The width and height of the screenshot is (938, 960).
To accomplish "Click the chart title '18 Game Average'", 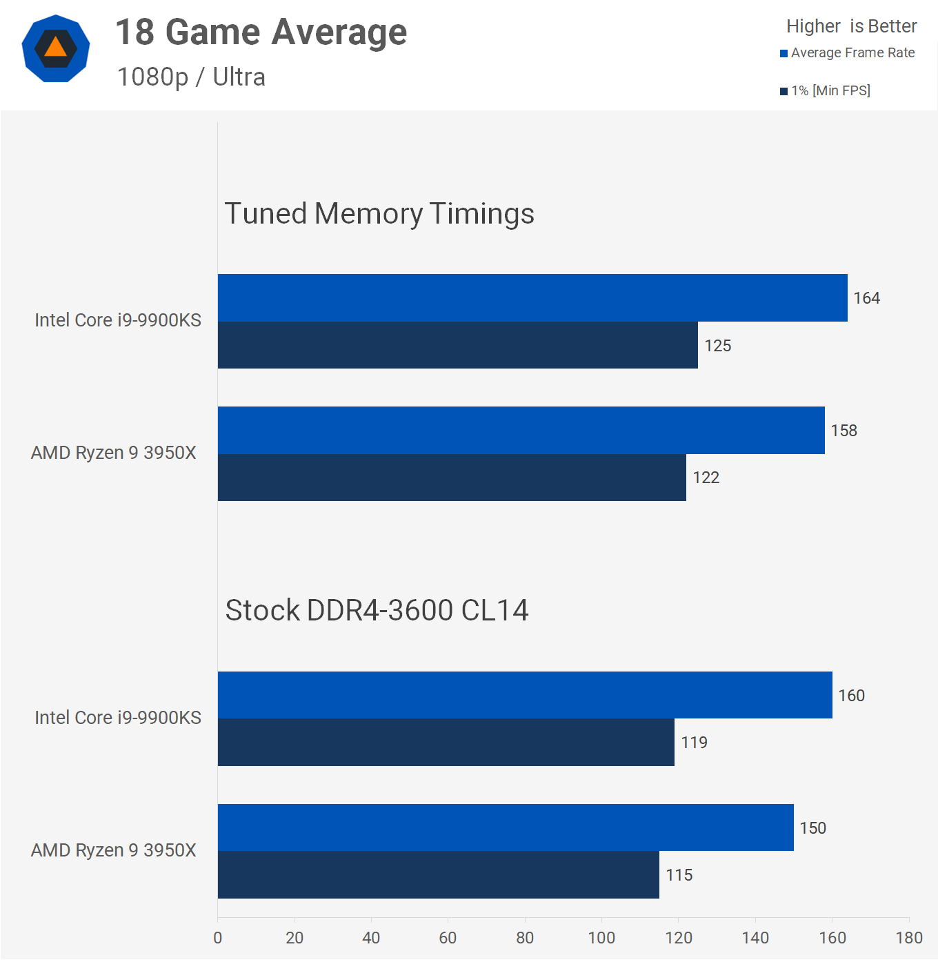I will [261, 32].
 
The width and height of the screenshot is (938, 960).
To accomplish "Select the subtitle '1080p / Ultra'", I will [191, 77].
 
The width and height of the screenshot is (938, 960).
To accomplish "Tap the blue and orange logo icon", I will [56, 48].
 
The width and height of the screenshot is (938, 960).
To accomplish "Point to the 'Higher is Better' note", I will [851, 26].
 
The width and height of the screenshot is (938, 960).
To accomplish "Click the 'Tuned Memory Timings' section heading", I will [379, 214].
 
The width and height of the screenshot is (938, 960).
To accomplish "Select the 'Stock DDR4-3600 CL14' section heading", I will [377, 611].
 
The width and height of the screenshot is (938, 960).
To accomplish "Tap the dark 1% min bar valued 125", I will [457, 345].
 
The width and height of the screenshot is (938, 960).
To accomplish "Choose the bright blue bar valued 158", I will [521, 430].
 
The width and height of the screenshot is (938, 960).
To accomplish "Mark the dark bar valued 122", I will [452, 478].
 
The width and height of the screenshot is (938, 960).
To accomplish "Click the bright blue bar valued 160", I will [525, 695].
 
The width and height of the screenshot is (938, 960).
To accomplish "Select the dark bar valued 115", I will [438, 875].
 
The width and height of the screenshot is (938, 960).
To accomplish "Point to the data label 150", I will [812, 828].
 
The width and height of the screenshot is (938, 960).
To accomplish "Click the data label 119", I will [694, 743].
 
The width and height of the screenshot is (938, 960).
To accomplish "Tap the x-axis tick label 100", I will [601, 938].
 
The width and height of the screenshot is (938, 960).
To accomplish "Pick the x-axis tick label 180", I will [908, 938].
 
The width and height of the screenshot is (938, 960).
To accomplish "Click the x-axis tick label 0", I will [218, 938].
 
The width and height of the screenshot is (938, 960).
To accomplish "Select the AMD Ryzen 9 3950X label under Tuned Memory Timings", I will [114, 453].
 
